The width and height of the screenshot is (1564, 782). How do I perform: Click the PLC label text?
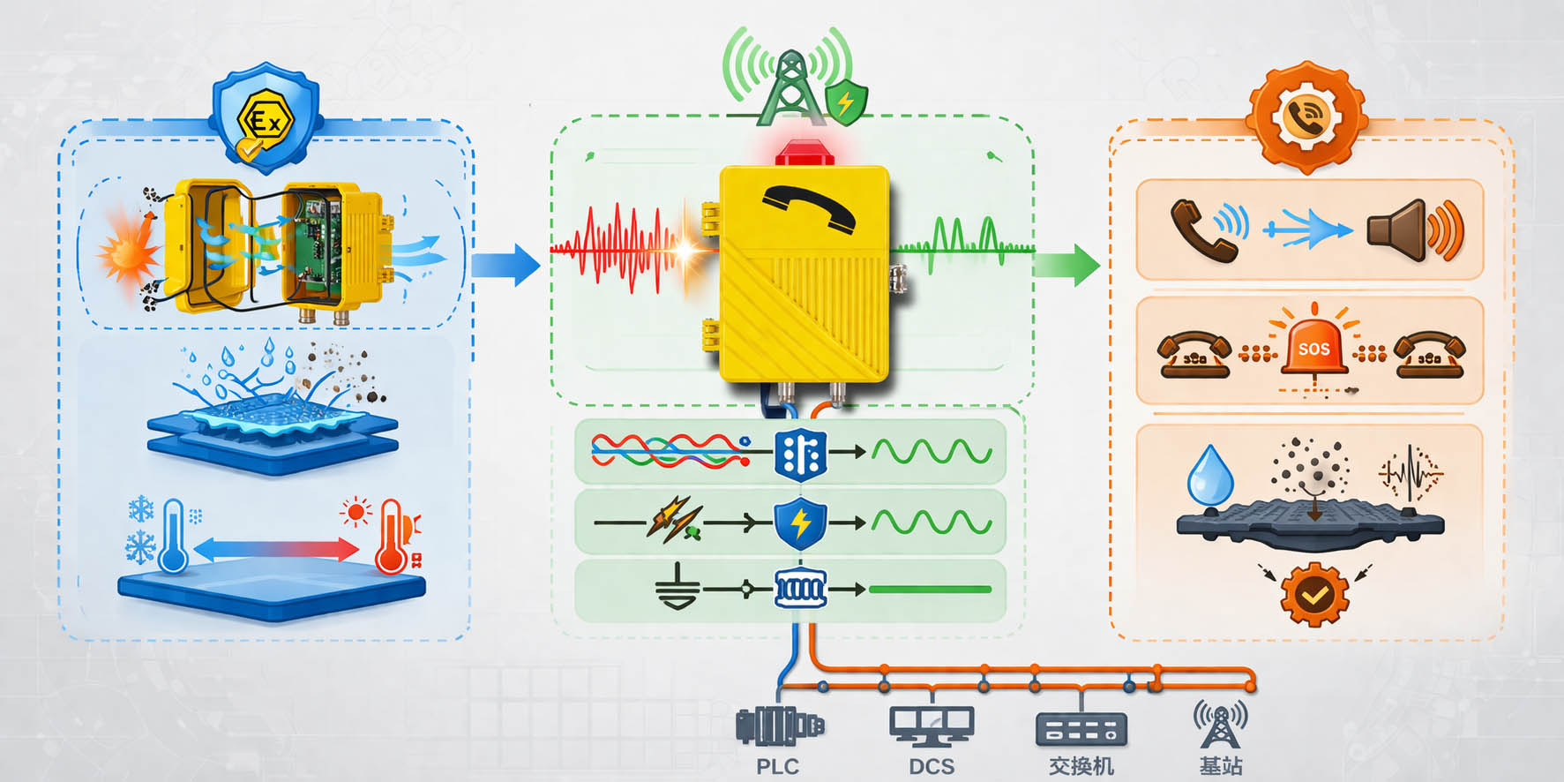(x=777, y=766)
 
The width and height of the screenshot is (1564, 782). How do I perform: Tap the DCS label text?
(x=932, y=766)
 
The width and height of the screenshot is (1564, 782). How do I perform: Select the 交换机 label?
(x=1081, y=766)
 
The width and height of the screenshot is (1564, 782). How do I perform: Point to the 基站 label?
(x=1221, y=766)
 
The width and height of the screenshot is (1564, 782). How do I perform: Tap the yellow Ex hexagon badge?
(x=266, y=120)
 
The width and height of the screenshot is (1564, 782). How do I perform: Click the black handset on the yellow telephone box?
(x=808, y=208)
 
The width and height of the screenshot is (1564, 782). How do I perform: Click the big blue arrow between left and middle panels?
(x=505, y=264)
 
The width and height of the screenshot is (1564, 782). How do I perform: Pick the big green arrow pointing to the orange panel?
(x=1067, y=264)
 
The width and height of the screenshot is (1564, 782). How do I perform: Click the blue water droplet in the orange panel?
(x=1209, y=474)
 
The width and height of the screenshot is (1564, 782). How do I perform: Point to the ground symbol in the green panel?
(x=677, y=587)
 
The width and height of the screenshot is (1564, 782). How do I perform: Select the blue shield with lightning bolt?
(x=800, y=523)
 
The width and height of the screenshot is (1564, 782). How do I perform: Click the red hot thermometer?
(x=390, y=536)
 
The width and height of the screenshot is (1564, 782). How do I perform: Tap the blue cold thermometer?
(x=173, y=536)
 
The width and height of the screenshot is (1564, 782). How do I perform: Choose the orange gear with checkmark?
(x=1314, y=595)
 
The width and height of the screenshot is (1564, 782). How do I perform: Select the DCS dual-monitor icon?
(x=932, y=726)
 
